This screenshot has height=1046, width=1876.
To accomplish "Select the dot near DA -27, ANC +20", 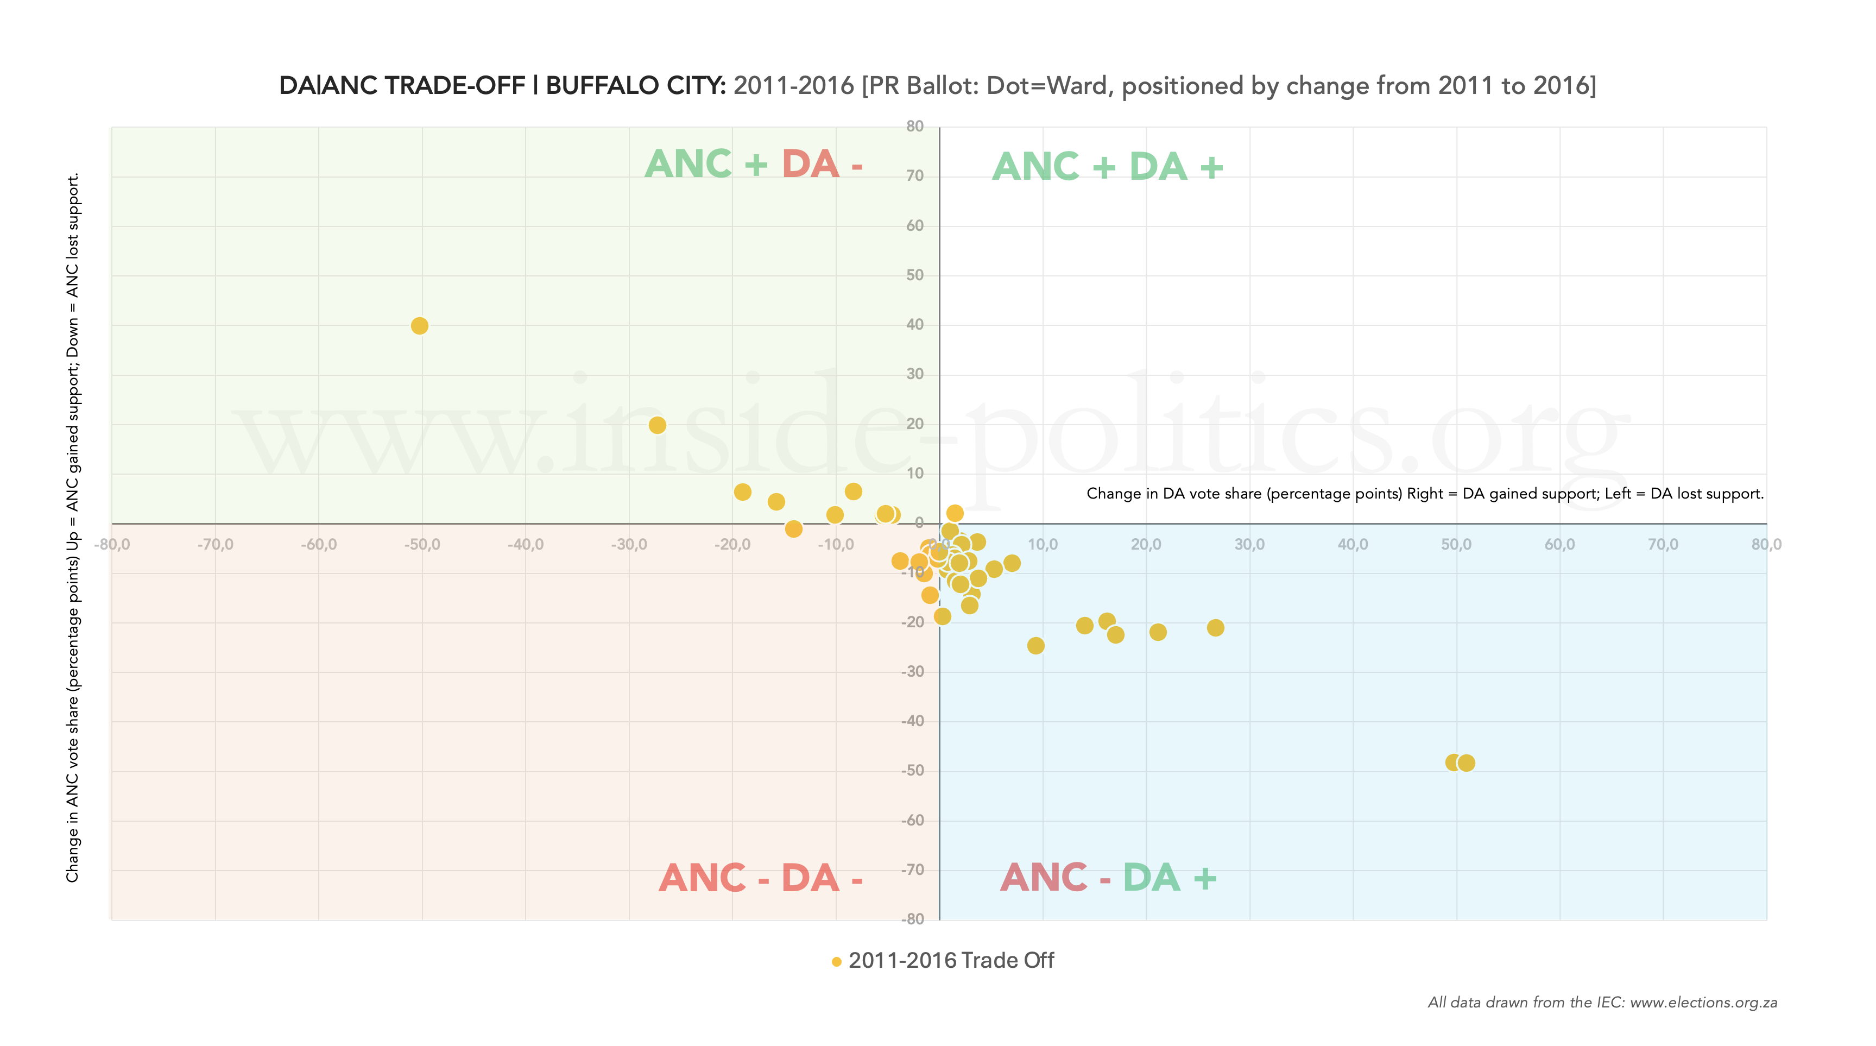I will click(x=657, y=425).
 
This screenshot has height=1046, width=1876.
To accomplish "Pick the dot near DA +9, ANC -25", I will click(x=1035, y=645).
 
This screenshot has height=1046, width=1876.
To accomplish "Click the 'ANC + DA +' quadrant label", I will click(x=1107, y=167).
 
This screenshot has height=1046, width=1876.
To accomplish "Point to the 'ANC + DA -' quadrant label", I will click(x=754, y=164).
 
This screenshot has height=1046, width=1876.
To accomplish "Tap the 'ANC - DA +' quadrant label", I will click(x=1108, y=877).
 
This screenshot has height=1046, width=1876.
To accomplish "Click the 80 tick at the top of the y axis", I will click(x=915, y=126).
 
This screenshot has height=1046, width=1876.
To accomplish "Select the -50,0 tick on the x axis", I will click(x=422, y=545).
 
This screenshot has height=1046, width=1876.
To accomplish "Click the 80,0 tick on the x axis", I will click(x=1766, y=545).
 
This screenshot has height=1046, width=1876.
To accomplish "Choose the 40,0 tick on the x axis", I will click(x=1353, y=545).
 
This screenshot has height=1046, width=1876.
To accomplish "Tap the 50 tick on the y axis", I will click(x=915, y=275).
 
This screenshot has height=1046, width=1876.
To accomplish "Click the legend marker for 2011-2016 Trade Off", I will click(x=837, y=961).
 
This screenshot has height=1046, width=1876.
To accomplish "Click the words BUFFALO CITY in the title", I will click(x=635, y=86).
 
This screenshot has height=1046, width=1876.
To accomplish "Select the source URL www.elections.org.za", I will click(x=1703, y=1003).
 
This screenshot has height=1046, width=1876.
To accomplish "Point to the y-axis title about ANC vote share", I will click(x=73, y=527).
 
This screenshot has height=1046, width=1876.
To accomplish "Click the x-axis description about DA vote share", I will click(x=1424, y=494).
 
